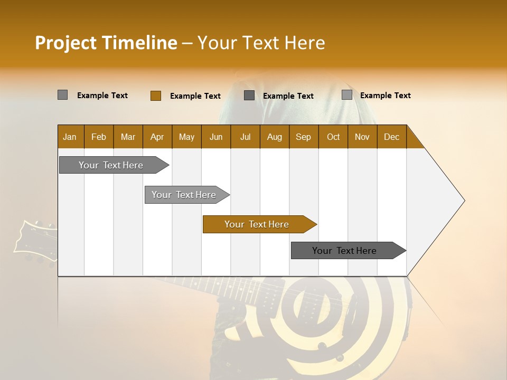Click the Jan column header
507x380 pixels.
(70, 137)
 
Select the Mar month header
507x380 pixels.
(128, 137)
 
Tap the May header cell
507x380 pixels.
(186, 137)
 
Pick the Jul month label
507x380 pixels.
(245, 137)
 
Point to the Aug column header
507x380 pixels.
(274, 137)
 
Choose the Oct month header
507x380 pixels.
(333, 137)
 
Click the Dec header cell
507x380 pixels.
(391, 137)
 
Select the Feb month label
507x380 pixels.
(99, 137)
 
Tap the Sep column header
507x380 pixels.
(303, 137)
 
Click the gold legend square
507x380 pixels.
(155, 96)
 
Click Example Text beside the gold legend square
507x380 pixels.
(195, 96)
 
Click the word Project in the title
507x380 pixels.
(65, 43)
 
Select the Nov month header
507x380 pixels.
(362, 137)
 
